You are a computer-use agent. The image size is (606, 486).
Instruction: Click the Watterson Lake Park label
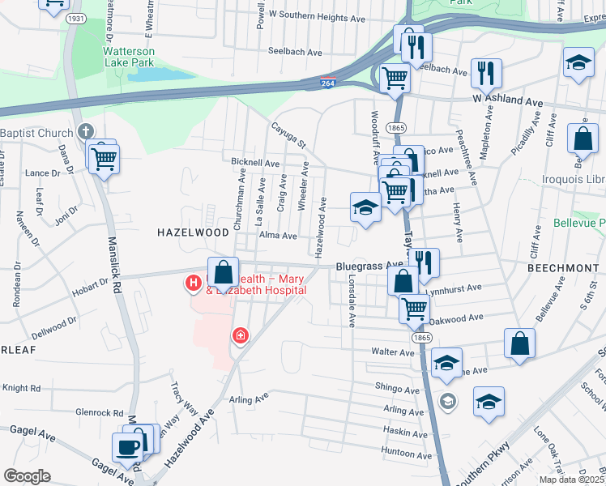(x=129, y=56)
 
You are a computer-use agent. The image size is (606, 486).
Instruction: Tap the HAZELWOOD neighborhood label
(x=193, y=232)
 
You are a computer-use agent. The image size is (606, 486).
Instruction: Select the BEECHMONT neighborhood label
(x=561, y=267)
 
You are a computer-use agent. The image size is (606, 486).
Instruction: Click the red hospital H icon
(x=194, y=283)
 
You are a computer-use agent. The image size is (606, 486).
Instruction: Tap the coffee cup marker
(x=127, y=448)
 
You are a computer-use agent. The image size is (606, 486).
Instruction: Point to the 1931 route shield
(x=76, y=18)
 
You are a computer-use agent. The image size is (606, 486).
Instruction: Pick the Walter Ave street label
(x=393, y=352)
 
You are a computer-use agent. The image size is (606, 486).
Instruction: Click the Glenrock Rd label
(x=99, y=412)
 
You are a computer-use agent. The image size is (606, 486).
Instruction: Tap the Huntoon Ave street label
(x=403, y=451)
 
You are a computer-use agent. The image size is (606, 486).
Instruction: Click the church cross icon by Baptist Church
(x=87, y=133)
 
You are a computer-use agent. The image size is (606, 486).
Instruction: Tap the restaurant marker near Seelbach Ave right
(x=486, y=72)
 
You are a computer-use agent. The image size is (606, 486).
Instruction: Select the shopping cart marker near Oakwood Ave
(x=414, y=308)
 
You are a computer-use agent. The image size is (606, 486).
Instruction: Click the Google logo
(x=27, y=476)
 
